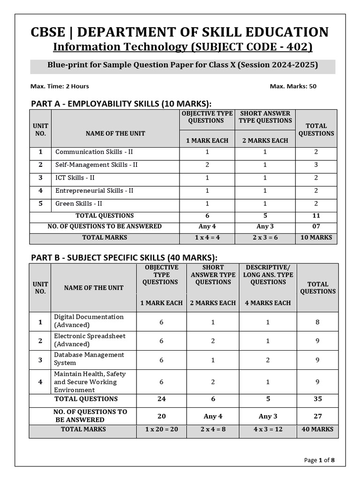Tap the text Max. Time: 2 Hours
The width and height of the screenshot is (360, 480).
60,86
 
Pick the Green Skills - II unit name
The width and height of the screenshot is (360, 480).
79,203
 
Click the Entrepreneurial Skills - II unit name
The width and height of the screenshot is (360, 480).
94,191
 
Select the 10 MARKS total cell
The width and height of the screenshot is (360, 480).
316,238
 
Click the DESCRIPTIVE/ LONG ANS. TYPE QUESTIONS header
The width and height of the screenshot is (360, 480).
268,275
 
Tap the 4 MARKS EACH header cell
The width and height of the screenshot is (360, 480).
268,303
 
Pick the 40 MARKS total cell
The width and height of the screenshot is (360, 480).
317,429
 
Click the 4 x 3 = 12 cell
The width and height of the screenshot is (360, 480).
268,429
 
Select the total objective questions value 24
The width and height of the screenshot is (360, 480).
161,399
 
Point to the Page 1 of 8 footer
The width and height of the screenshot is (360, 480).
319,460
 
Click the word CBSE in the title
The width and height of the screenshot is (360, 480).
50,32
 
